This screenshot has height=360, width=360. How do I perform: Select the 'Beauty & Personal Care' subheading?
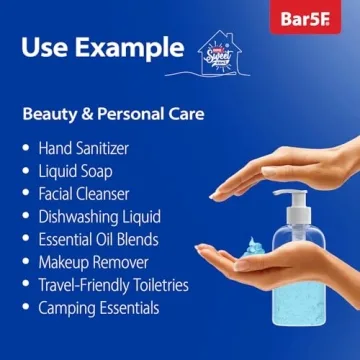click(112, 114)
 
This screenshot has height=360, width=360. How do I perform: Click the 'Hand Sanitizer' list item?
click(83, 148)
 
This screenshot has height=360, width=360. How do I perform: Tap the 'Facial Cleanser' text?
click(84, 193)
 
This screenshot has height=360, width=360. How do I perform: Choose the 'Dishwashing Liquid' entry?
click(98, 216)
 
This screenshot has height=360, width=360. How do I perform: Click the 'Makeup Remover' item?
click(92, 262)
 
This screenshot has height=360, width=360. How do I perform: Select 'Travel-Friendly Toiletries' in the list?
click(112, 285)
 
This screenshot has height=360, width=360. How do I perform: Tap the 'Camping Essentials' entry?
click(98, 308)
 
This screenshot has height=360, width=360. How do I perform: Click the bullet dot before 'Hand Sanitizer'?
click(26, 148)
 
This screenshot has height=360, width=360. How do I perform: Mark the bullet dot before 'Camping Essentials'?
click(26, 308)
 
